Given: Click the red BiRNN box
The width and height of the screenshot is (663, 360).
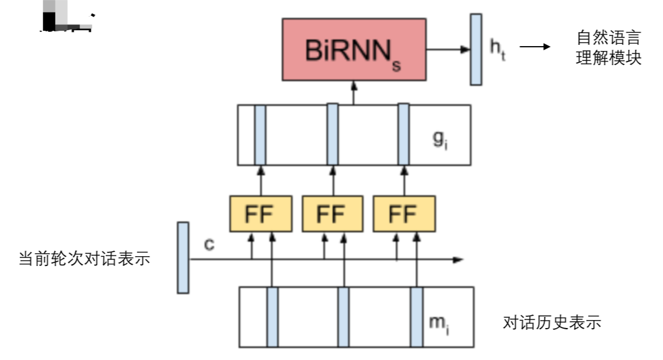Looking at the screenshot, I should tap(354, 49).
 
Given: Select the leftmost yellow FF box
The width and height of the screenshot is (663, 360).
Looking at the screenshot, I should tap(260, 214).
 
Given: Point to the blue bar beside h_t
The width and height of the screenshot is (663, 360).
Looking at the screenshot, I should tap(476, 49).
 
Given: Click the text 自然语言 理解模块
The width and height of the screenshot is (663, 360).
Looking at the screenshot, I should tap(608, 48).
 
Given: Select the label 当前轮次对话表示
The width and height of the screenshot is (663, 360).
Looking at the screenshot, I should tap(84, 259).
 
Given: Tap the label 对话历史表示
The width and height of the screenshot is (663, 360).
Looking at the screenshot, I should tap(551, 322).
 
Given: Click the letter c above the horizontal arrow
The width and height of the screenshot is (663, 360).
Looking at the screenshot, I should tap(209, 245).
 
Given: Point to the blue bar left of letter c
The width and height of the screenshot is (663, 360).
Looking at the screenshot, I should tap(183, 257).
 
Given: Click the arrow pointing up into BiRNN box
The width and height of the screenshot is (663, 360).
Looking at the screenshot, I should tap(354, 92).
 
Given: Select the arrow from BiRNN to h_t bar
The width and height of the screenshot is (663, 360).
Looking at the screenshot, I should tap(448, 49).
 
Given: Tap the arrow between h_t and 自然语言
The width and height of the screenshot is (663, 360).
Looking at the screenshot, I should tap(534, 47).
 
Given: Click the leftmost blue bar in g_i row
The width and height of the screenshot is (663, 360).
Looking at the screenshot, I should tap(260, 135).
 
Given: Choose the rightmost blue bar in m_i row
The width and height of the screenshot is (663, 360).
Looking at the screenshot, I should tap(417, 317).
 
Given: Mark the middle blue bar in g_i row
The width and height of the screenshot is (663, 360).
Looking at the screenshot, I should tap(332, 135).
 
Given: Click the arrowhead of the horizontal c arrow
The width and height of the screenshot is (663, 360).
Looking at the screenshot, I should tap(458, 260).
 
